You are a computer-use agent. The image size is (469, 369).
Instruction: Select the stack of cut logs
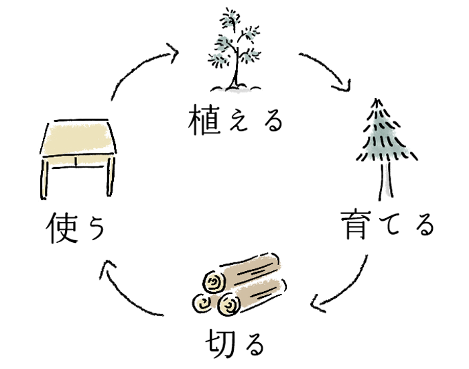pyautogui.click(x=238, y=285)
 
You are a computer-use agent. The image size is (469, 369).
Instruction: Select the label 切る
pyautogui.click(x=234, y=344)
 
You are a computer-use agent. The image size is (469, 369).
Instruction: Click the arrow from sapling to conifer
pyautogui.click(x=328, y=70)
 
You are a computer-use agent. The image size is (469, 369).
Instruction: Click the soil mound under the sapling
pyautogui.click(x=234, y=87)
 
